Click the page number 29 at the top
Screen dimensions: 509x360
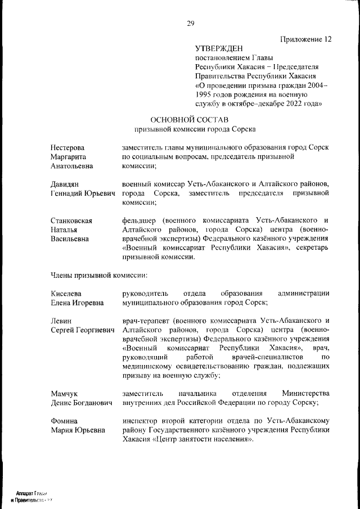tap(190, 23)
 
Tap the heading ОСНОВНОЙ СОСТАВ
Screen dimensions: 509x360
tap(190, 119)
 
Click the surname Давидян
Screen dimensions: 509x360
tap(64, 184)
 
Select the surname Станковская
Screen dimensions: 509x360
tap(71, 220)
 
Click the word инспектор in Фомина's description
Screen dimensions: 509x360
tap(141, 421)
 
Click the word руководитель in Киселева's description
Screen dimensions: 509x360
tap(146, 293)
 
